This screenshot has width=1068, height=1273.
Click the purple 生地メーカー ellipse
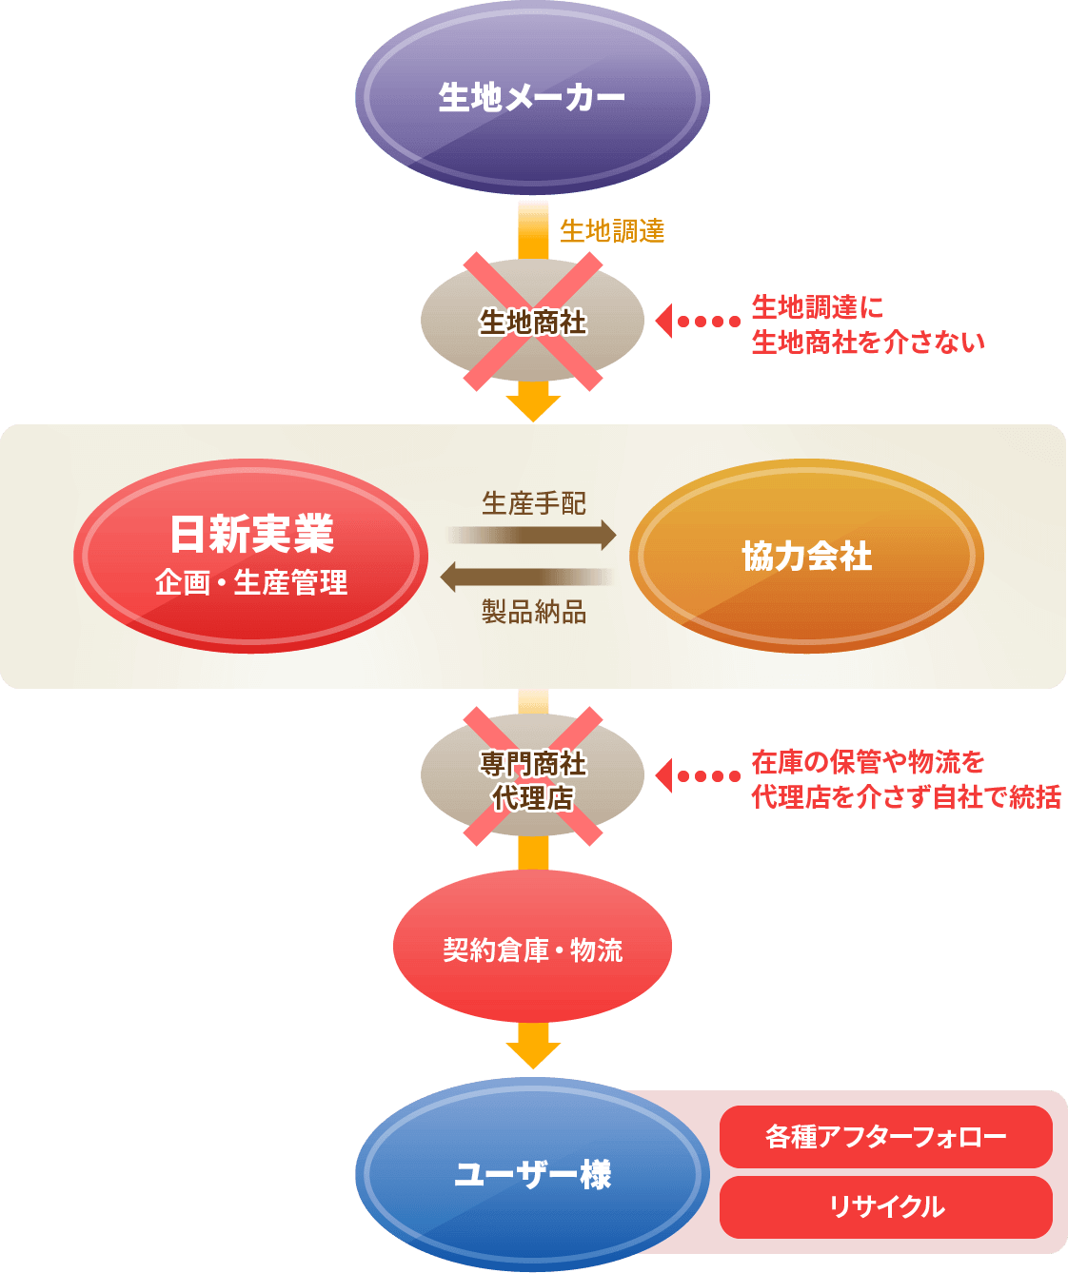point(533,97)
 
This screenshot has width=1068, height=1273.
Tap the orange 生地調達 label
point(612,230)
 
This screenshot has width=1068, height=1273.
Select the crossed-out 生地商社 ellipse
point(533,323)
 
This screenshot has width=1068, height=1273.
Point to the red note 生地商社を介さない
point(868,343)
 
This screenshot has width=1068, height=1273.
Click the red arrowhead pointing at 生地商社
point(664,322)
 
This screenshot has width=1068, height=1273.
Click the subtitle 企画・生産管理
point(251,582)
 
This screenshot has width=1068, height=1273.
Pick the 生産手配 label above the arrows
point(533,503)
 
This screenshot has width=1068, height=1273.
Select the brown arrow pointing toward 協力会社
point(533,535)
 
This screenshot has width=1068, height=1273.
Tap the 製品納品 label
point(533,612)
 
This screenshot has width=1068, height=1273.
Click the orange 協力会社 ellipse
point(806,557)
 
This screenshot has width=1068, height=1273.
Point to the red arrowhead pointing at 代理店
point(664,775)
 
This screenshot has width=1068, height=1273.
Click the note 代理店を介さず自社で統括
point(905,796)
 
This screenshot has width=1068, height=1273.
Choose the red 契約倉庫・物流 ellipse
point(533,949)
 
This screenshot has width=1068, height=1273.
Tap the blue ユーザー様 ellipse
point(533,1175)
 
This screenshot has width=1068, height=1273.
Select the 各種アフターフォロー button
point(885,1137)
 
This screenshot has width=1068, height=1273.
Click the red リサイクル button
point(885,1207)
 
